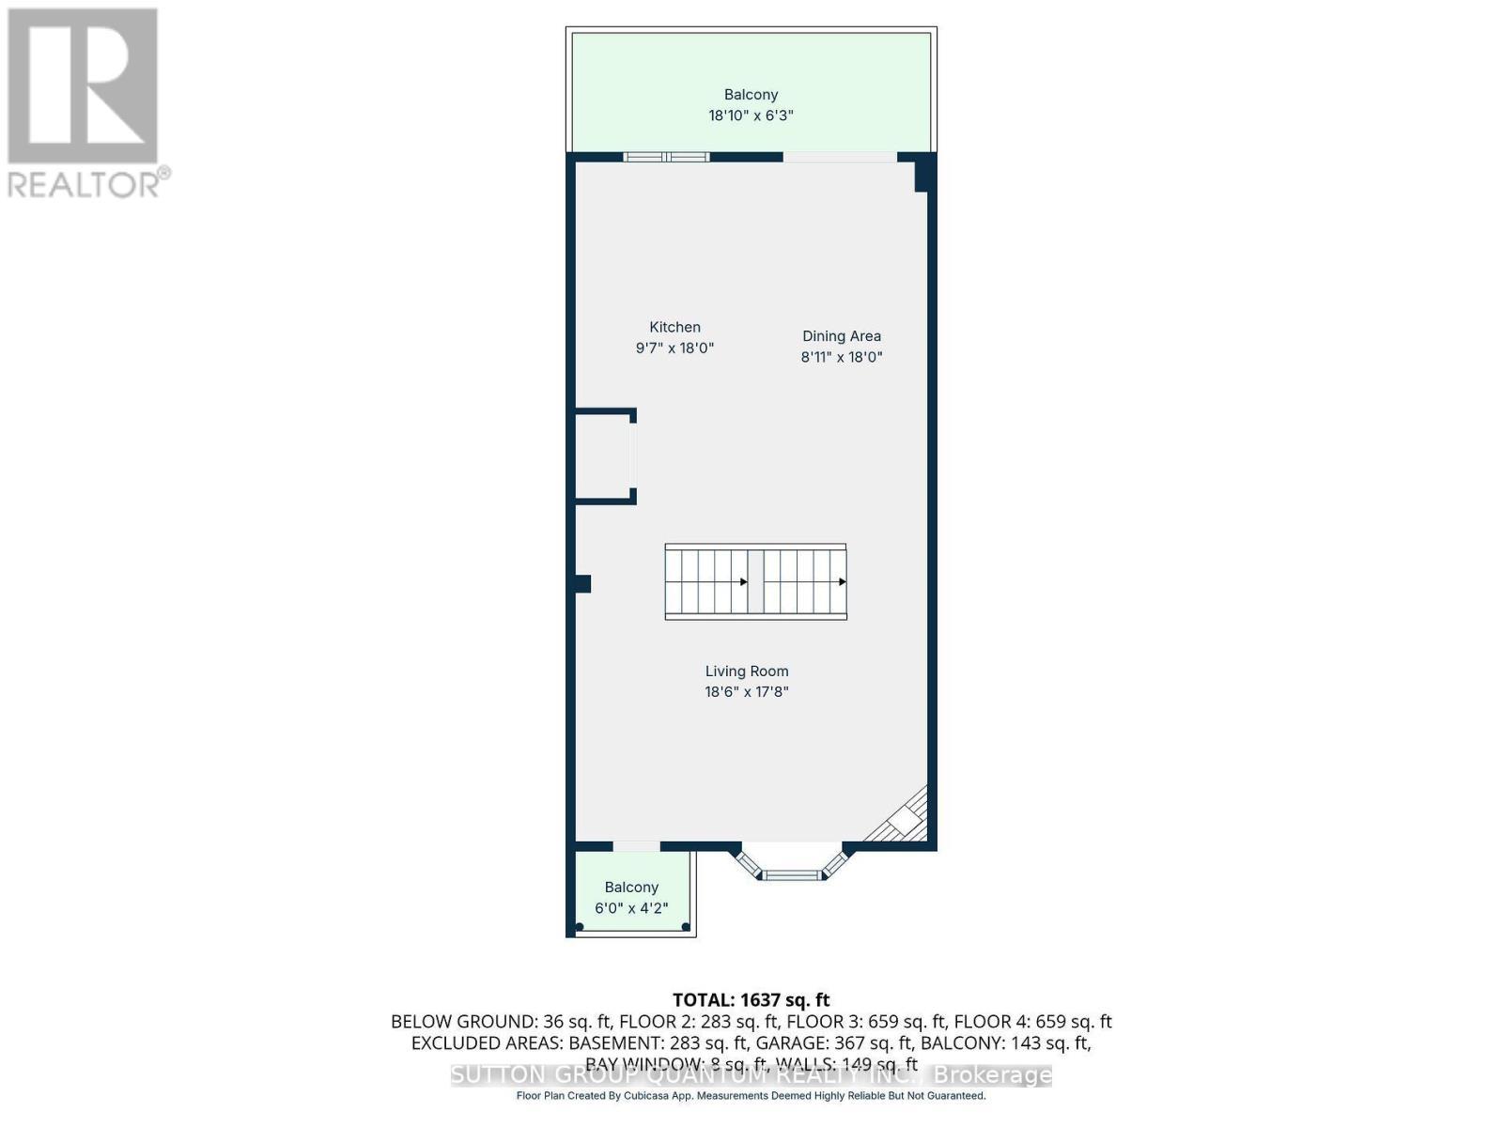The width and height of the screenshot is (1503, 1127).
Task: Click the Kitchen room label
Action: [x=674, y=327]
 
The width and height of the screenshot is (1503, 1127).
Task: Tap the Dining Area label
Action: [x=841, y=335]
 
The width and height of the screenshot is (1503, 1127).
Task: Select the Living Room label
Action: [x=747, y=671]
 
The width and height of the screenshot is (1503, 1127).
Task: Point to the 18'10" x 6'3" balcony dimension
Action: [x=751, y=116]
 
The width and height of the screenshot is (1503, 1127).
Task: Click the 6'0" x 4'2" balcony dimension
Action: [x=631, y=908]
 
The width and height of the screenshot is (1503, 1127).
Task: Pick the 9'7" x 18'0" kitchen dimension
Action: [x=674, y=348]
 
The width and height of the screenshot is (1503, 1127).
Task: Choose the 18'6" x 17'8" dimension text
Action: [x=747, y=692]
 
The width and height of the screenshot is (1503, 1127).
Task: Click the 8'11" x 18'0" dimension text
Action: [x=841, y=357]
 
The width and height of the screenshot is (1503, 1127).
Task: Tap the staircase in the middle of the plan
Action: [x=755, y=581]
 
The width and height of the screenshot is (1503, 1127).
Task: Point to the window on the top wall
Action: [x=666, y=157]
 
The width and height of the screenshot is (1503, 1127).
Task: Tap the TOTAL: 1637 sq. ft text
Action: [x=751, y=1000]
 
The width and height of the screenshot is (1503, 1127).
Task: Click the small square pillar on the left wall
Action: [x=582, y=583]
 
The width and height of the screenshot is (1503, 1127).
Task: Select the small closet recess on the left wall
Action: [x=603, y=456]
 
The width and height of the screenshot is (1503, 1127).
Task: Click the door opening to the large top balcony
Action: [x=840, y=157]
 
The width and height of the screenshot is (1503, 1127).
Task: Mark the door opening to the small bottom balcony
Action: [x=636, y=846]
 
